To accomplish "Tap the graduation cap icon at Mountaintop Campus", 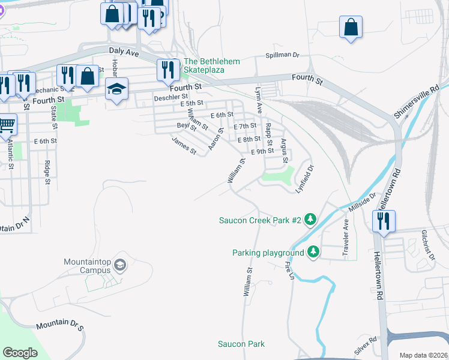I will pyautogui.click(x=120, y=265).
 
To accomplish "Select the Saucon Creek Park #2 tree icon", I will pyautogui.click(x=310, y=220).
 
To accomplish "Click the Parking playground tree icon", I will pyautogui.click(x=313, y=252).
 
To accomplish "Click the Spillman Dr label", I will pyautogui.click(x=282, y=55).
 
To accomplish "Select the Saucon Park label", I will pyautogui.click(x=241, y=344).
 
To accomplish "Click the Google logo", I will pyautogui.click(x=20, y=352).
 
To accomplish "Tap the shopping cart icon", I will pyautogui.click(x=6, y=125).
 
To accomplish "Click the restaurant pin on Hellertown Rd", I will pyautogui.click(x=383, y=220).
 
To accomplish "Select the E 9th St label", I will pyautogui.click(x=262, y=152).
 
